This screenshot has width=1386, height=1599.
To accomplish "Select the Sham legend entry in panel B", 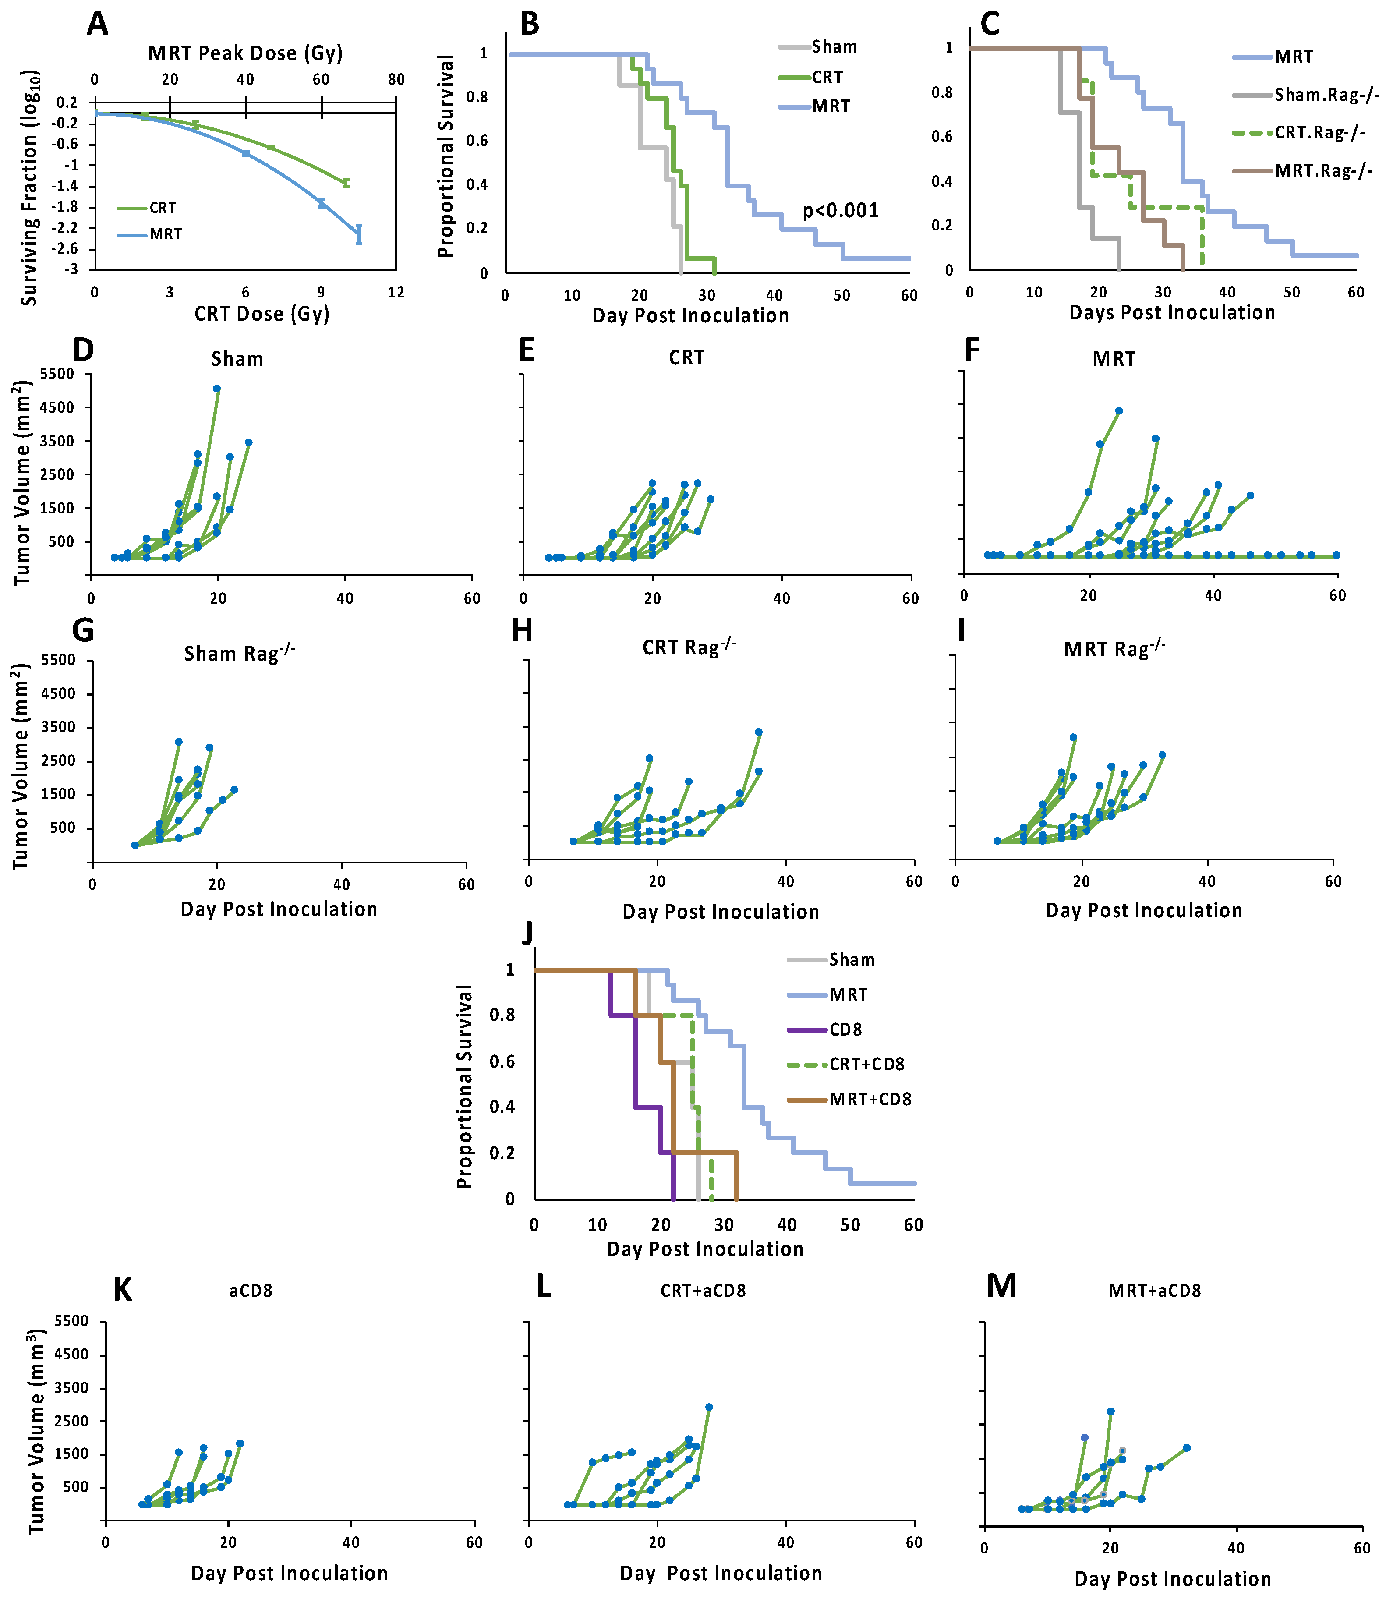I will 834,46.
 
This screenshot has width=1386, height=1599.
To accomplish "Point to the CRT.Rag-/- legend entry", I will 1319,132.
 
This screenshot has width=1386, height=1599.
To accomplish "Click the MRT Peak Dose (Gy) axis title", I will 245,53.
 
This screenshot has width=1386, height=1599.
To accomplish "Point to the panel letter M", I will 1001,1287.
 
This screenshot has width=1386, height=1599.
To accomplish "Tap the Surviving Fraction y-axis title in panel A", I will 29,188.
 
